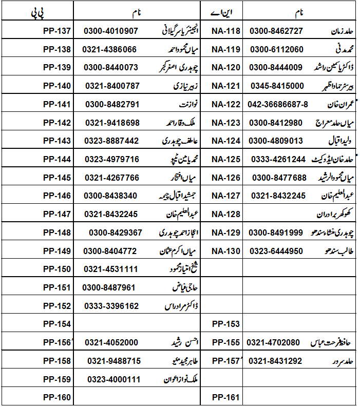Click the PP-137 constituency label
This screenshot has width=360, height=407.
click(x=56, y=31)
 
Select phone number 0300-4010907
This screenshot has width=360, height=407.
click(x=111, y=31)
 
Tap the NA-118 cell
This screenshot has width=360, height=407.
click(x=226, y=31)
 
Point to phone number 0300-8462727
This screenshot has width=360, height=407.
click(x=276, y=31)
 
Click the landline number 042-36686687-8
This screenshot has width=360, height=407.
click(x=278, y=104)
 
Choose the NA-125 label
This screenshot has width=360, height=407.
click(x=226, y=159)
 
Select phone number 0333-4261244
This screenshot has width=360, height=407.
click(x=277, y=159)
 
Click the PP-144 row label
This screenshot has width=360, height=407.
click(x=56, y=159)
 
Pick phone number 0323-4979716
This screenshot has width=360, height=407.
click(x=111, y=159)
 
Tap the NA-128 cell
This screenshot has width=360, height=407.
click(x=226, y=214)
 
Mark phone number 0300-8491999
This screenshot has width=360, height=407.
click(x=276, y=232)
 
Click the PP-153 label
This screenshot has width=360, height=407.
click(x=226, y=324)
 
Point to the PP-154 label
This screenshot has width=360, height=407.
click(x=56, y=324)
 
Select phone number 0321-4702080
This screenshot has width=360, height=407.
click(x=273, y=342)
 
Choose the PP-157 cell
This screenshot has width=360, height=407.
click(x=226, y=361)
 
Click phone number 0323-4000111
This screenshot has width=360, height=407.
click(x=112, y=379)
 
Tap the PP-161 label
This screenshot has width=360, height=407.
click(x=226, y=397)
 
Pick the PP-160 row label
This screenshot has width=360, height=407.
click(x=56, y=397)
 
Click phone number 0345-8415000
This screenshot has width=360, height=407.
click(x=276, y=86)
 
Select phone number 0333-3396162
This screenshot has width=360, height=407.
click(x=111, y=306)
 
